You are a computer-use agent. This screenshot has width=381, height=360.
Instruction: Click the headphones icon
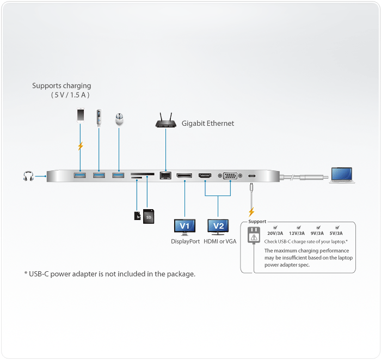28,176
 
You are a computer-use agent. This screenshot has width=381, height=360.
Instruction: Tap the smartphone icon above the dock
81,116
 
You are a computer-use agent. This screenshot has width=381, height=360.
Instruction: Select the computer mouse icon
119,119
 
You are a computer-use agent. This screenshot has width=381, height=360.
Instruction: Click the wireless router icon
165,123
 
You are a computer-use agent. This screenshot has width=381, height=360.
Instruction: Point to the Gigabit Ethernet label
208,124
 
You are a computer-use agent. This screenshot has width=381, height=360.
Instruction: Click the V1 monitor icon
185,226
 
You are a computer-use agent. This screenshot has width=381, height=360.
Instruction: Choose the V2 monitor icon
219,226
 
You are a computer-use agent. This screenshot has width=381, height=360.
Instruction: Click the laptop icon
341,175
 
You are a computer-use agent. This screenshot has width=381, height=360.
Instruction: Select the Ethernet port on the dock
165,175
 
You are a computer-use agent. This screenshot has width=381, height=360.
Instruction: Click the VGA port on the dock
230,175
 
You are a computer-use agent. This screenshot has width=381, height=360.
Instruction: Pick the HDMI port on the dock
206,175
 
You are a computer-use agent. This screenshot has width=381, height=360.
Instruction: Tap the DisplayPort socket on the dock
184,175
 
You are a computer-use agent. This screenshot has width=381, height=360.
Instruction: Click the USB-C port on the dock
252,175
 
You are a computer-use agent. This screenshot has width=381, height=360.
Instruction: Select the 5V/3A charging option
336,234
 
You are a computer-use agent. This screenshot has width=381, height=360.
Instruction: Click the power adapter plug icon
253,236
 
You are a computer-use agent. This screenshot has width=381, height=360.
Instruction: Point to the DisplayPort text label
186,241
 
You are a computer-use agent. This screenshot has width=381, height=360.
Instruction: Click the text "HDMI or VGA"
220,241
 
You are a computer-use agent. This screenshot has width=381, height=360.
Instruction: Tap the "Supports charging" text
62,86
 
